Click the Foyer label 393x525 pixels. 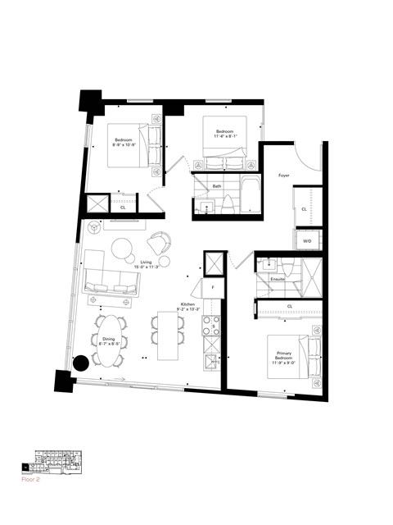pyautogui.click(x=284, y=175)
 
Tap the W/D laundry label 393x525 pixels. pyautogui.click(x=307, y=241)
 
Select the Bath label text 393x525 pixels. pyautogui.click(x=217, y=186)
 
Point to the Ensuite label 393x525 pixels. pyautogui.click(x=278, y=280)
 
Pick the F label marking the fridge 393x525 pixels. pyautogui.click(x=212, y=288)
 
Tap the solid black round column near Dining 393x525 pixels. pyautogui.click(x=82, y=363)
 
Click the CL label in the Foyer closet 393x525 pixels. pyautogui.click(x=304, y=210)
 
